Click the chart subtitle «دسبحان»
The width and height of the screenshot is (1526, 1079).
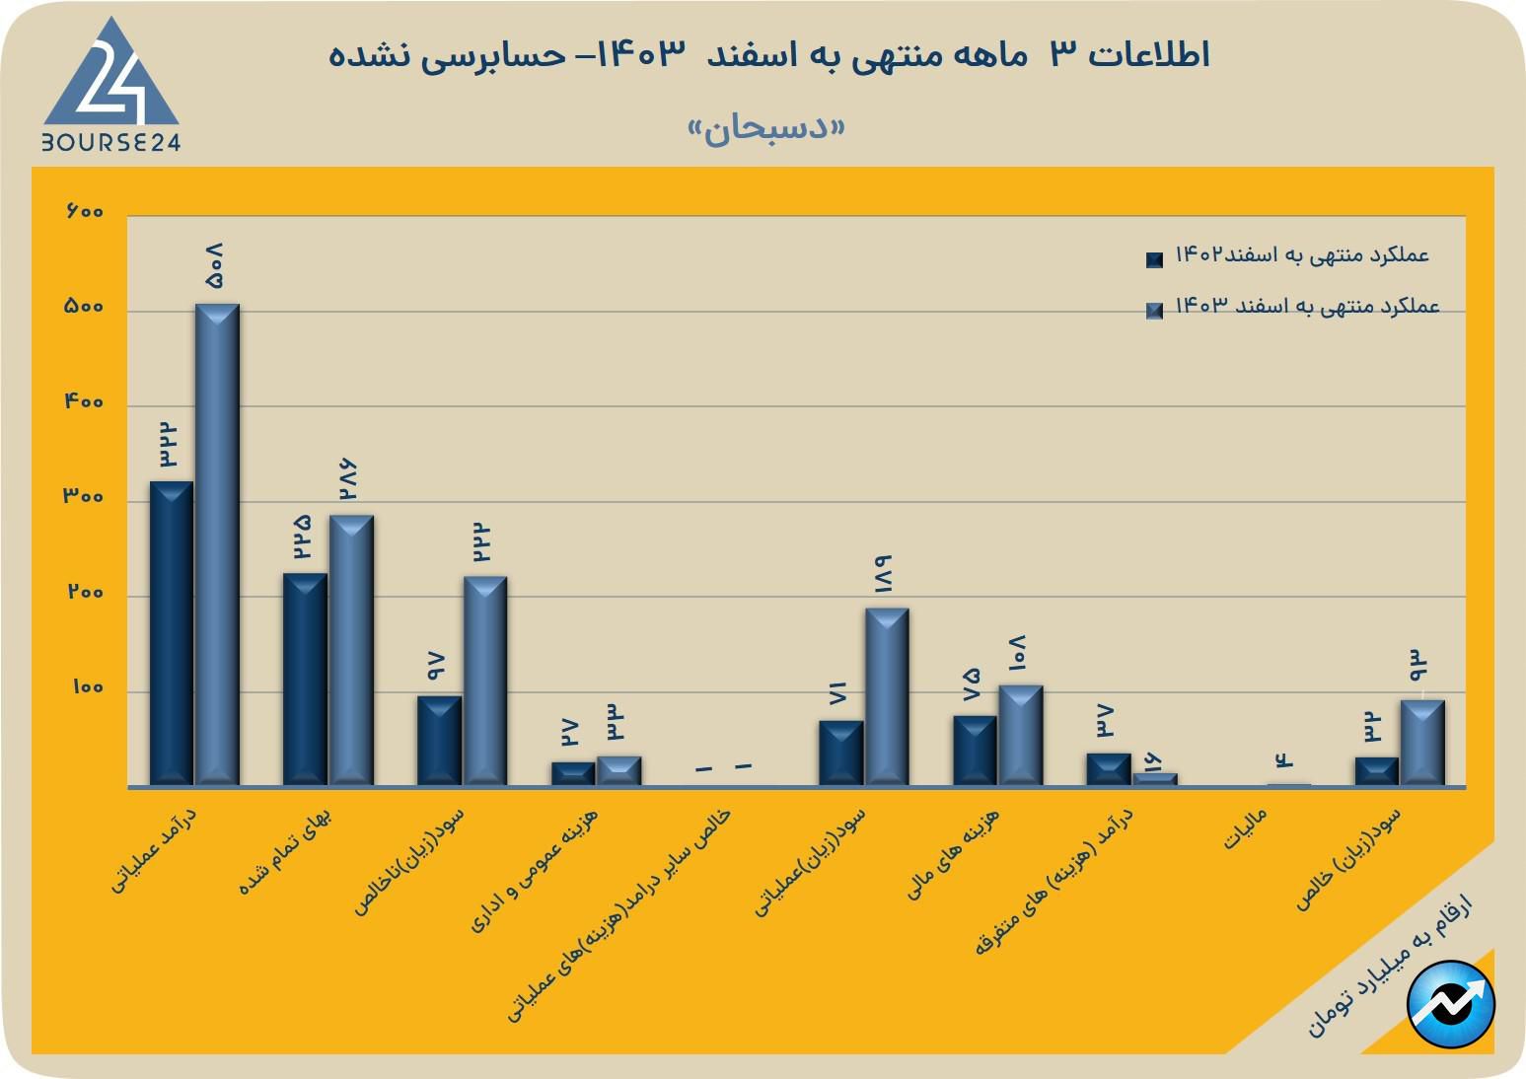click(766, 128)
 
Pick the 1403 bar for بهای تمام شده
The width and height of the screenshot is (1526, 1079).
click(351, 650)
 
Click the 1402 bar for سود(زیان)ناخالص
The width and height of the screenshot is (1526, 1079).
click(439, 741)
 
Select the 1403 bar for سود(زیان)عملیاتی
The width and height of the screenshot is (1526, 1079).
click(887, 696)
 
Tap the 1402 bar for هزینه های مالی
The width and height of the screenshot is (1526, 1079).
click(975, 751)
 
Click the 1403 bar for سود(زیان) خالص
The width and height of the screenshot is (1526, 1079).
click(1422, 743)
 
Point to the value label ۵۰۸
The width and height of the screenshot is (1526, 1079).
click(215, 266)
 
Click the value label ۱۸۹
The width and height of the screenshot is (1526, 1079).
click(884, 574)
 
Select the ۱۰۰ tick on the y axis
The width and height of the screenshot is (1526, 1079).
click(87, 687)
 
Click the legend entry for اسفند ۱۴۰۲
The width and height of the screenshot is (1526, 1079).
click(1292, 256)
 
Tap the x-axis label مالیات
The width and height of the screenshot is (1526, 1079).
click(1244, 829)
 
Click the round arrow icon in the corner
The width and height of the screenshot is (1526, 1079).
click(1451, 1004)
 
